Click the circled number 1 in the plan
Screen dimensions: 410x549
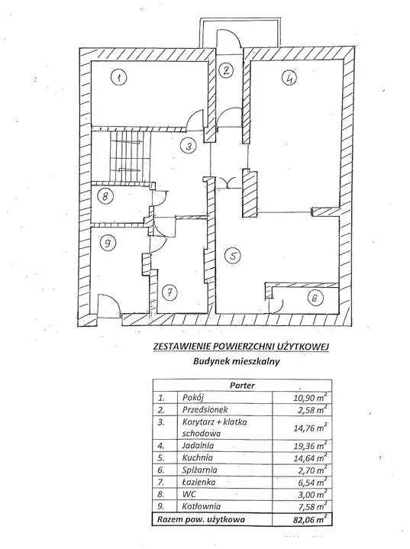pyautogui.click(x=119, y=77)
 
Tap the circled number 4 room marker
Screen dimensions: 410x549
pyautogui.click(x=289, y=78)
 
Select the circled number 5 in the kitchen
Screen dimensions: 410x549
pyautogui.click(x=233, y=256)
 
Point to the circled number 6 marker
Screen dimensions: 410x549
pyautogui.click(x=315, y=298)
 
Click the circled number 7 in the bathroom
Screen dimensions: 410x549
pyautogui.click(x=170, y=292)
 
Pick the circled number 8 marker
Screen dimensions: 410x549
pyautogui.click(x=105, y=196)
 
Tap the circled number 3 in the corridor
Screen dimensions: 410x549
pyautogui.click(x=189, y=146)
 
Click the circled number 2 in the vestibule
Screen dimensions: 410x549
pyautogui.click(x=227, y=70)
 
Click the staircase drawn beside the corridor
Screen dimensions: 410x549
pyautogui.click(x=130, y=157)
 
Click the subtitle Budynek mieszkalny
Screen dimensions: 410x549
pyautogui.click(x=237, y=362)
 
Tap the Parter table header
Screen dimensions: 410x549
pyautogui.click(x=242, y=386)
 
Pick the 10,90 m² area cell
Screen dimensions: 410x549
pyautogui.click(x=310, y=397)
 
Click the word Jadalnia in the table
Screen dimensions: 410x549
pyautogui.click(x=198, y=446)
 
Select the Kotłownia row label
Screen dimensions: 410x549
pyautogui.click(x=202, y=506)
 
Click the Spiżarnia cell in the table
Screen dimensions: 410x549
pyautogui.click(x=199, y=470)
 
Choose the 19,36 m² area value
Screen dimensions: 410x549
pyautogui.click(x=310, y=446)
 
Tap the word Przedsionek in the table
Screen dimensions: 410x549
pyautogui.click(x=205, y=409)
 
